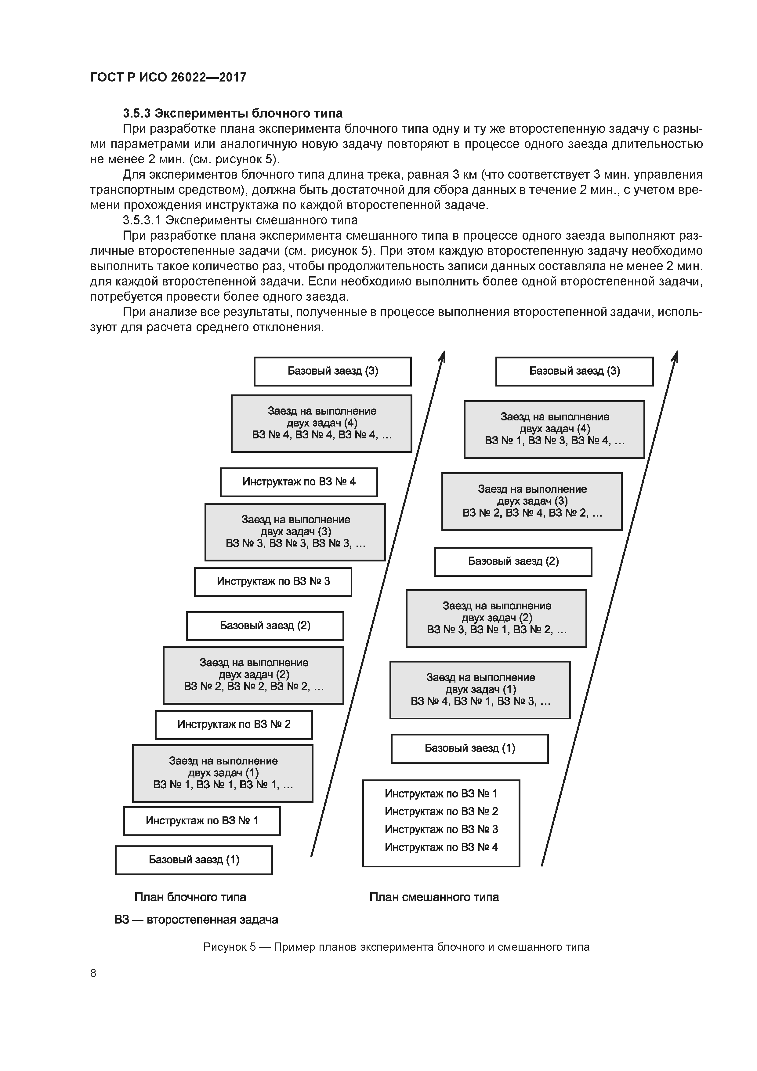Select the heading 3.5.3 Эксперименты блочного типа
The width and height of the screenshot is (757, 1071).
coord(232,113)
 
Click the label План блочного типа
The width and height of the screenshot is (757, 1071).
coord(190,897)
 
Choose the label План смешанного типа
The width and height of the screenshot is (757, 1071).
coord(434,897)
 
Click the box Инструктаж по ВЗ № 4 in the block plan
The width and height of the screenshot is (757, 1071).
coord(299,482)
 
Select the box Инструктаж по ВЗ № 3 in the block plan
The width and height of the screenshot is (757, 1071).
coord(273,581)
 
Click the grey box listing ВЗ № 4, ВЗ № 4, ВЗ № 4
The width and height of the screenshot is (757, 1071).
coord(321,423)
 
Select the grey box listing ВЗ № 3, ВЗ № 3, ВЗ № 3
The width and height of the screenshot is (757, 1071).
coord(295,532)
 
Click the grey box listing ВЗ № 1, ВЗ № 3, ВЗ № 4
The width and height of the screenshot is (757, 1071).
coord(554,429)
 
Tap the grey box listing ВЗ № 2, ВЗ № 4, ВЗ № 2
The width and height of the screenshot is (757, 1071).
coord(532,501)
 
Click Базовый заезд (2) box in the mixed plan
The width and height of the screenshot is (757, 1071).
coord(513,561)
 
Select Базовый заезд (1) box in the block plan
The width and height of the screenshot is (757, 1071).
coord(194,860)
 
